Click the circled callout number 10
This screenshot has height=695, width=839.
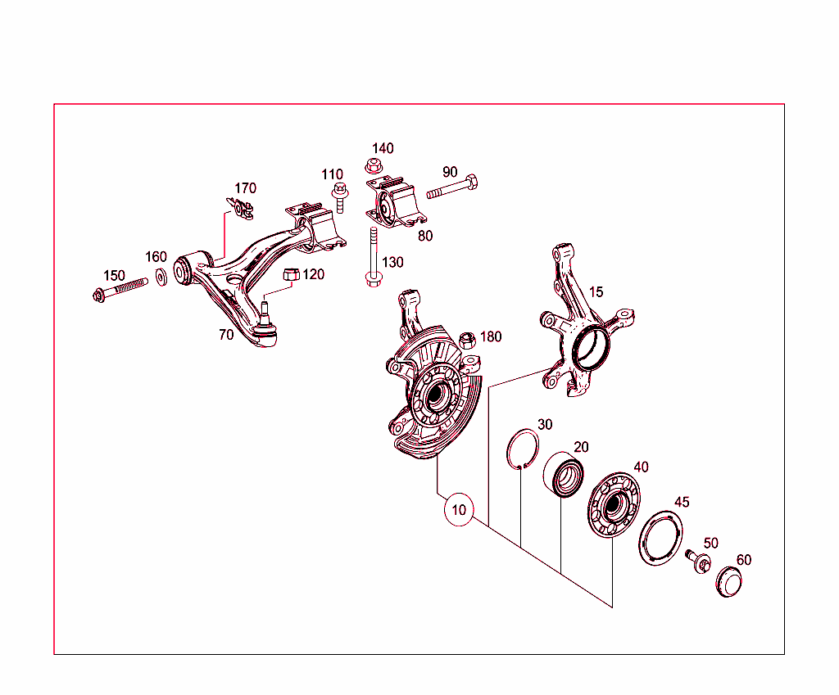click(x=459, y=510)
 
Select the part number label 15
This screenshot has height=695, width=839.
click(x=596, y=292)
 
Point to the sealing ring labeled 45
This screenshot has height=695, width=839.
click(x=660, y=539)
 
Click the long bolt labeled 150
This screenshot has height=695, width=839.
click(x=120, y=288)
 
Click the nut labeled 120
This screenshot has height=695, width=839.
click(x=291, y=275)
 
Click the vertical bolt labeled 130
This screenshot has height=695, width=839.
click(x=373, y=259)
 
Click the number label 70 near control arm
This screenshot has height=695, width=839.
click(x=226, y=335)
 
